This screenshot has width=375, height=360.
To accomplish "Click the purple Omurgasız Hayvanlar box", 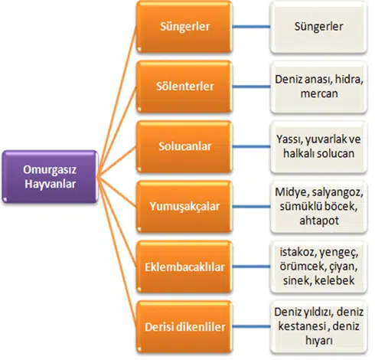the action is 50,177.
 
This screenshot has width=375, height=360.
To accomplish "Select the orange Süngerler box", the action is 184,27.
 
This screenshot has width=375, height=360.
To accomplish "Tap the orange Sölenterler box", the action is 184,87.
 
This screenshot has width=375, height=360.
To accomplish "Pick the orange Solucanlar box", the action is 184,146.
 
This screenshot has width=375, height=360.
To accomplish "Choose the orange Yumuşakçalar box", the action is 184,207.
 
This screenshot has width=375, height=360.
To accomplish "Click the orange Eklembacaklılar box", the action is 184,267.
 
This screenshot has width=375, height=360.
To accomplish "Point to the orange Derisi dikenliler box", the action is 184,327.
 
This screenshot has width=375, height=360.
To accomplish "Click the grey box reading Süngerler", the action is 318,27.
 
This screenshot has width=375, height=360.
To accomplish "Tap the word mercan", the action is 319,93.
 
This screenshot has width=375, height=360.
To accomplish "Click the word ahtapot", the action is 319,221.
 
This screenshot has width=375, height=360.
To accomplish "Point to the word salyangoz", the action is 337,192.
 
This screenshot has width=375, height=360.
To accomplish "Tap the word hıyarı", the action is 319,341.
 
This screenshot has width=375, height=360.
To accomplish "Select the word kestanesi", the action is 298,326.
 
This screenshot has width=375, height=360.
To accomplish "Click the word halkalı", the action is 298,153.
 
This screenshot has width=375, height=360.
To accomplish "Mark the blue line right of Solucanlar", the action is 251,146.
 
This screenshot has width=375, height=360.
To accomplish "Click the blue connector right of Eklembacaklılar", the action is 251,267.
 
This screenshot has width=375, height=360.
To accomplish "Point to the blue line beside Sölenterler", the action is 251,87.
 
